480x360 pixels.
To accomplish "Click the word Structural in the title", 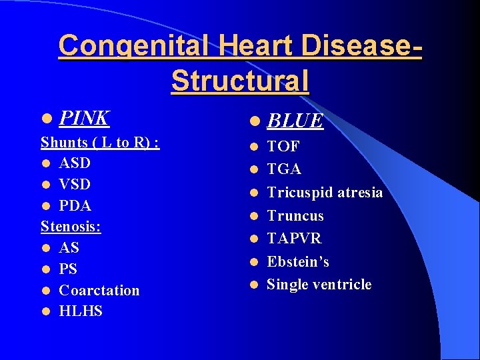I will pos(240,81).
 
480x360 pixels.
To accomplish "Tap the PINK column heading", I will pos(84,118).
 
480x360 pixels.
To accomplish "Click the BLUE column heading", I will pos(295,121).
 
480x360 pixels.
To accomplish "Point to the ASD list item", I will pos(75,163).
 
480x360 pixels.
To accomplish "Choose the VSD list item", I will pos(75,184).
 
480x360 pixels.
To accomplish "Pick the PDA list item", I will pos(75,205).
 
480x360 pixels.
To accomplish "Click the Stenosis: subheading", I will pos(71,227).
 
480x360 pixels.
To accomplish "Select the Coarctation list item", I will pos(99,291).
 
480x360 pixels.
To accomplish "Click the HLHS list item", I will pos(81,311).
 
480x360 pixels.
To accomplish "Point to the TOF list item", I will pos(283,147).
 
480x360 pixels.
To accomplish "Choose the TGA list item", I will pos(284,169).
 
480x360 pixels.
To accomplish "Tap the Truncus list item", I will pos(295,216).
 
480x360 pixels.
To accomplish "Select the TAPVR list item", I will pos(294,239).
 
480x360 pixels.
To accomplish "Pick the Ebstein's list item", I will pos(298,261).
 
